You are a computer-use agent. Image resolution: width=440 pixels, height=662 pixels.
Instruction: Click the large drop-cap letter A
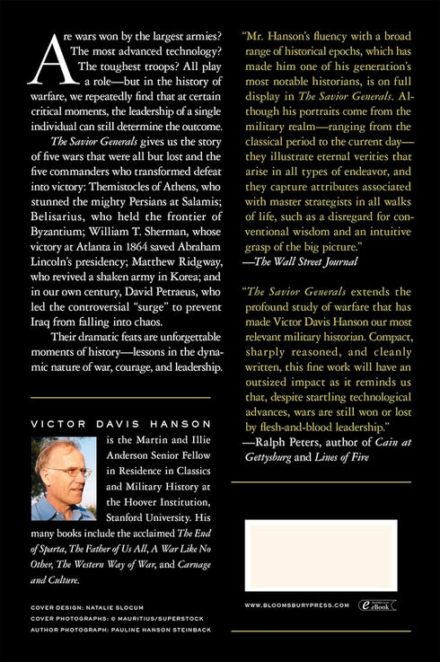[45, 64]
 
